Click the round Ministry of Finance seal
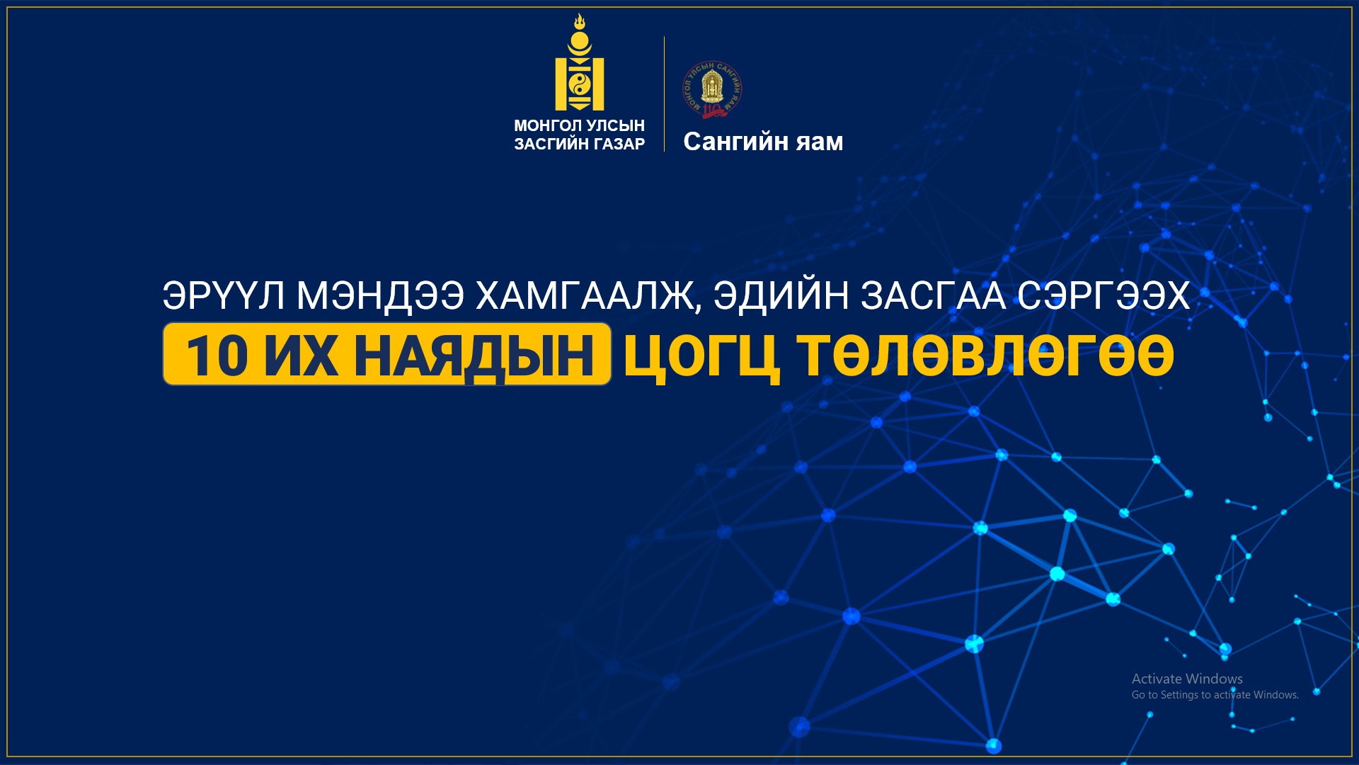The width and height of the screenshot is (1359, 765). [x=712, y=89]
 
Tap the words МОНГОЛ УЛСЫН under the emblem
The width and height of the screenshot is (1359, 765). [x=579, y=125]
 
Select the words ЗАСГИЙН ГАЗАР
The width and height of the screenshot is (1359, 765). [x=579, y=144]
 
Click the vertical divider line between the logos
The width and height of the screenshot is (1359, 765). [x=664, y=93]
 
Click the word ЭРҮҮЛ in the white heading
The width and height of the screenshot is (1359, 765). [x=224, y=295]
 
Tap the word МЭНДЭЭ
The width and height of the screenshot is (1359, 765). [x=380, y=295]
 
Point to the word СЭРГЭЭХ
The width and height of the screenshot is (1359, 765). [x=1103, y=295]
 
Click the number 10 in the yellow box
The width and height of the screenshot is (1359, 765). [x=217, y=355]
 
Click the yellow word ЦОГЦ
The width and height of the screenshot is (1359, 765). [x=701, y=357]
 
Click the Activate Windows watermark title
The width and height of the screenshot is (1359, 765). [x=1187, y=679]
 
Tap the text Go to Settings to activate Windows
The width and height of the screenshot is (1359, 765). [x=1215, y=695]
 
